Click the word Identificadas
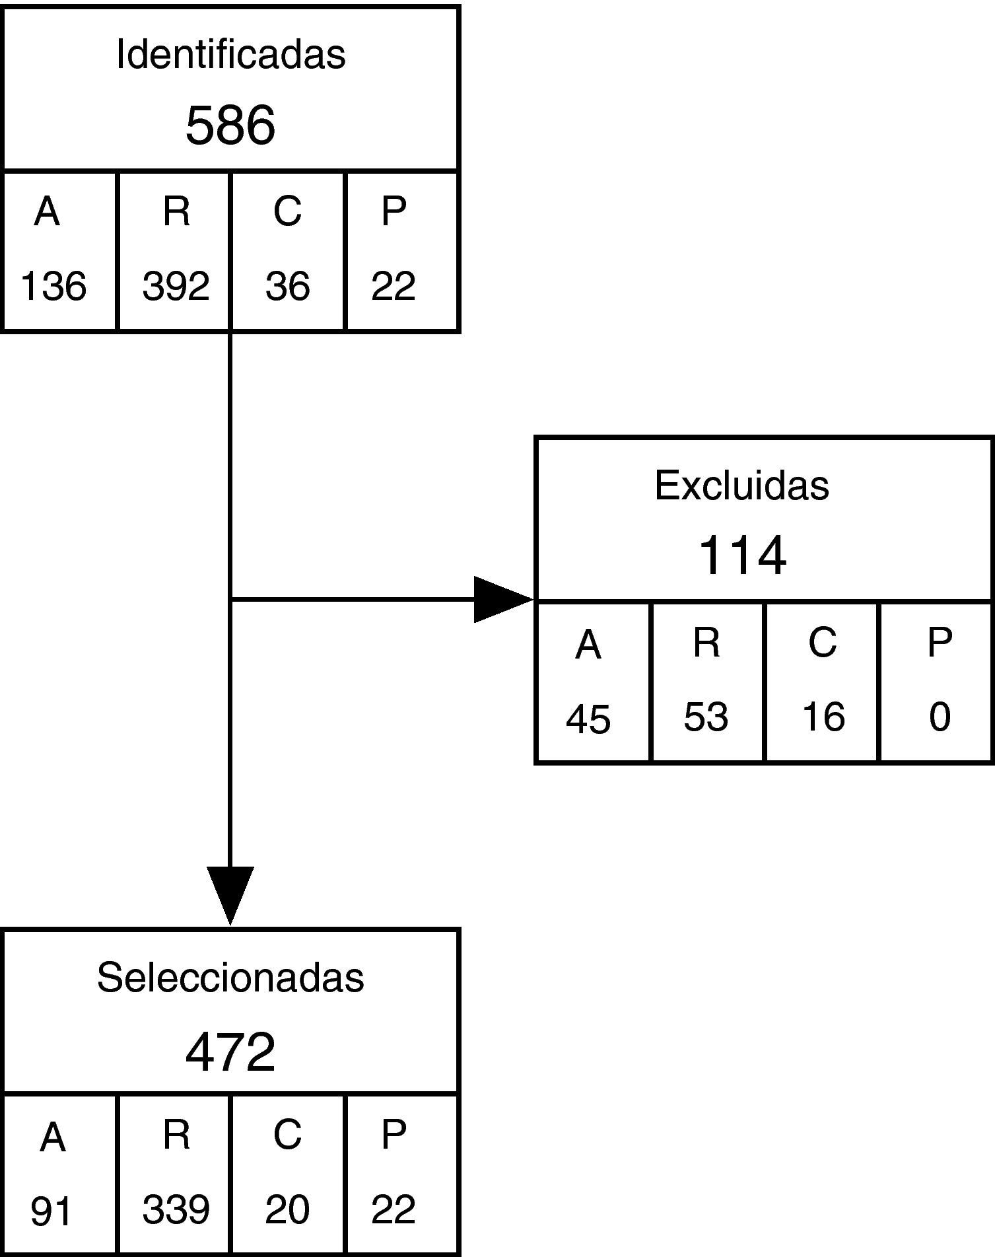pos(230,54)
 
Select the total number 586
pos(230,126)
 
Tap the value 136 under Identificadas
pos(53,287)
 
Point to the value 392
pos(176,287)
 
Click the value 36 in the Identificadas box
pos(287,287)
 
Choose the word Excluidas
pos(741,485)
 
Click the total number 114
pos(741,556)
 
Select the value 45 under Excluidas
pos(588,719)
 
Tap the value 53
pos(706,717)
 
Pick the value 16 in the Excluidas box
pos(823,717)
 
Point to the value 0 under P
pos(939,717)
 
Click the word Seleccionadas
pos(230,977)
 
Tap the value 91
pos(51,1211)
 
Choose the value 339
pos(176,1209)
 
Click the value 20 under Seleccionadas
pos(287,1209)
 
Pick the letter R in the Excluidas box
pos(706,642)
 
